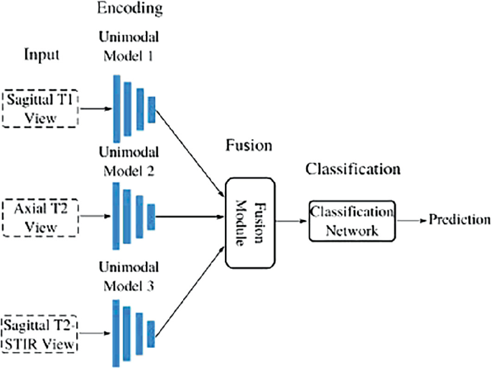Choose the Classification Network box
[352, 221]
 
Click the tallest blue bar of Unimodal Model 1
[116, 108]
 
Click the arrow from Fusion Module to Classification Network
[292, 221]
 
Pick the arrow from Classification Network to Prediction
[411, 219]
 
